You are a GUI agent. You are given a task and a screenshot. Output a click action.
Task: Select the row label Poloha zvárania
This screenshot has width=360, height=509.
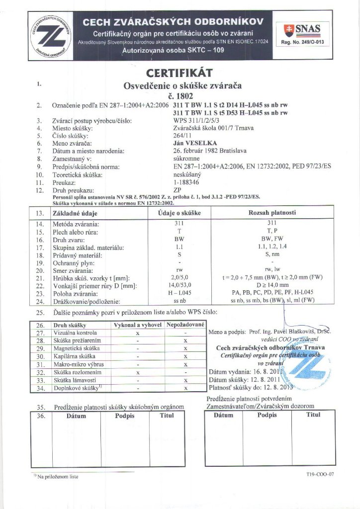pyautogui.click(x=75, y=294)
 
